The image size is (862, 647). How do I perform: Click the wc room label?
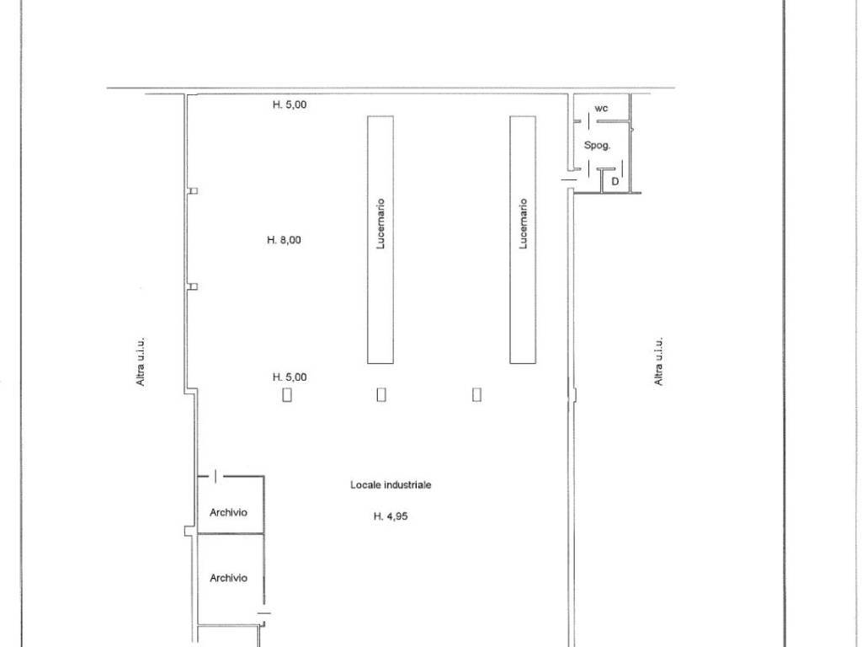[601, 109]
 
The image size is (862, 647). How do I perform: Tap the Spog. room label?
[597, 145]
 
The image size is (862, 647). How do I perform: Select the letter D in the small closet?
[615, 181]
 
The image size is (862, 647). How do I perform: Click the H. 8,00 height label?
[284, 240]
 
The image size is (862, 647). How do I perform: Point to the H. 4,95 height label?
[391, 516]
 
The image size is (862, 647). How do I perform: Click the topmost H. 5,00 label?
[290, 104]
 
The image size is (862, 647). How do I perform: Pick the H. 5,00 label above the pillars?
[290, 377]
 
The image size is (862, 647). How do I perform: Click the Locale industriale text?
[391, 484]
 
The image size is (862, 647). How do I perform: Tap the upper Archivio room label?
[228, 512]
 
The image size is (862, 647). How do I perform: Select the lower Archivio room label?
[228, 578]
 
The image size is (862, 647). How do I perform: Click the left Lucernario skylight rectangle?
[380, 239]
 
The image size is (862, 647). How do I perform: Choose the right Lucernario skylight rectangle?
[523, 239]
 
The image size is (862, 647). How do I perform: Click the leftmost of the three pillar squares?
[287, 394]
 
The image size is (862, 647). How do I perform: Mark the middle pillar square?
[381, 394]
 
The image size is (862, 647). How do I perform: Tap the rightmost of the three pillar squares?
[476, 394]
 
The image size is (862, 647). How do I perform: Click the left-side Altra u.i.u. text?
[141, 361]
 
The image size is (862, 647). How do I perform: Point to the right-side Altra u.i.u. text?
[658, 361]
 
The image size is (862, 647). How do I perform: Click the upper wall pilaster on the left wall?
[193, 191]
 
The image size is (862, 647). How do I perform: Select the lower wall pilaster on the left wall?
[193, 286]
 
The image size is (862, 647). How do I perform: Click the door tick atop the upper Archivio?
[216, 476]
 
